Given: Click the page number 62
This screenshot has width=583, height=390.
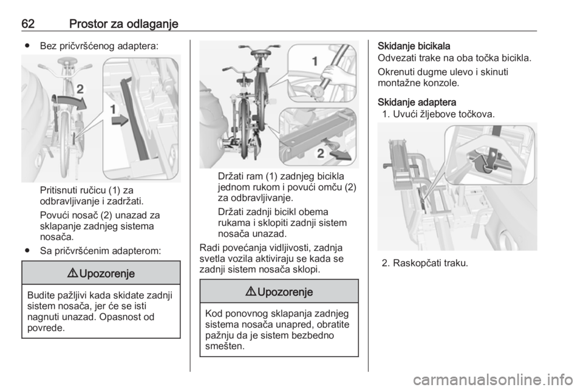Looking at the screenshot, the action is [x=28, y=24].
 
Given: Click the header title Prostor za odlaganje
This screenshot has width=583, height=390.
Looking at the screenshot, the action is [x=124, y=24].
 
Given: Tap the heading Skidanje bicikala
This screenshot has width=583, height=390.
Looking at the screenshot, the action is [x=414, y=46].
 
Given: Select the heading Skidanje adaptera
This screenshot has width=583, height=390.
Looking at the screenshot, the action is [x=417, y=102].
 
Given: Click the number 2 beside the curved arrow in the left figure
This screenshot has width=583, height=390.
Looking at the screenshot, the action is [x=80, y=89].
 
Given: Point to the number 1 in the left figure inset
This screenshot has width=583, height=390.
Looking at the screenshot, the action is [x=113, y=109].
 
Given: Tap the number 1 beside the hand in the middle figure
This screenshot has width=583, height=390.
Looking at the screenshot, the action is [x=315, y=61].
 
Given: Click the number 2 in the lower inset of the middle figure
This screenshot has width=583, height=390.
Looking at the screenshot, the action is [x=320, y=153].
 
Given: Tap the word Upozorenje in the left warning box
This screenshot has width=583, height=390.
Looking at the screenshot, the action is [x=107, y=273].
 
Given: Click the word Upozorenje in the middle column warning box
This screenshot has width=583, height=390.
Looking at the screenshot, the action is [x=285, y=292].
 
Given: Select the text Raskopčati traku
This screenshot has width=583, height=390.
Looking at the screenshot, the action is [x=430, y=263].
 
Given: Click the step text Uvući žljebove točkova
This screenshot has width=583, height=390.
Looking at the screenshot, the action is [x=443, y=114].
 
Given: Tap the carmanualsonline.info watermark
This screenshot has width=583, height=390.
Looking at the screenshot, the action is [x=493, y=380].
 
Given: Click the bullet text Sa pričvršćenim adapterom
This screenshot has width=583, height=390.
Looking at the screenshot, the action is [x=100, y=251].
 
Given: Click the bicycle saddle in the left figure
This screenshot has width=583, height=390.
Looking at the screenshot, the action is [x=67, y=61].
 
